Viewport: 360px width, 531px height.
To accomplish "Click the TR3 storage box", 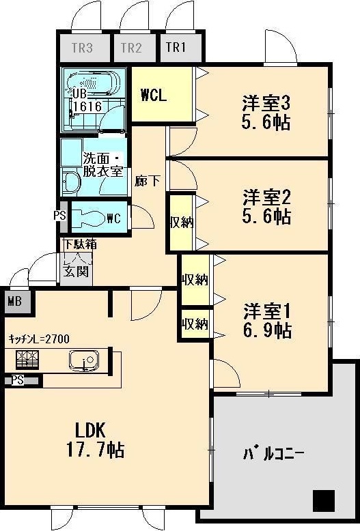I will (82, 48).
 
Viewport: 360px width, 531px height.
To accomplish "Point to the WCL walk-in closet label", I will (154, 95).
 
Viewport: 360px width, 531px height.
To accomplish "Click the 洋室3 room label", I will (266, 104).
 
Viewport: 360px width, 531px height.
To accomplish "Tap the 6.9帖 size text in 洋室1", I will (267, 330).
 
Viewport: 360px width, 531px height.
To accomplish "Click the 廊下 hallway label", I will (148, 182).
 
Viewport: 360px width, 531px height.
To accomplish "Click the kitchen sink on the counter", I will (85, 360).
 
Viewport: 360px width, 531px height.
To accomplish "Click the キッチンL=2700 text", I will (39, 339).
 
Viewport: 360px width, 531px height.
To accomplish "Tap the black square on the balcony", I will (324, 501).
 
